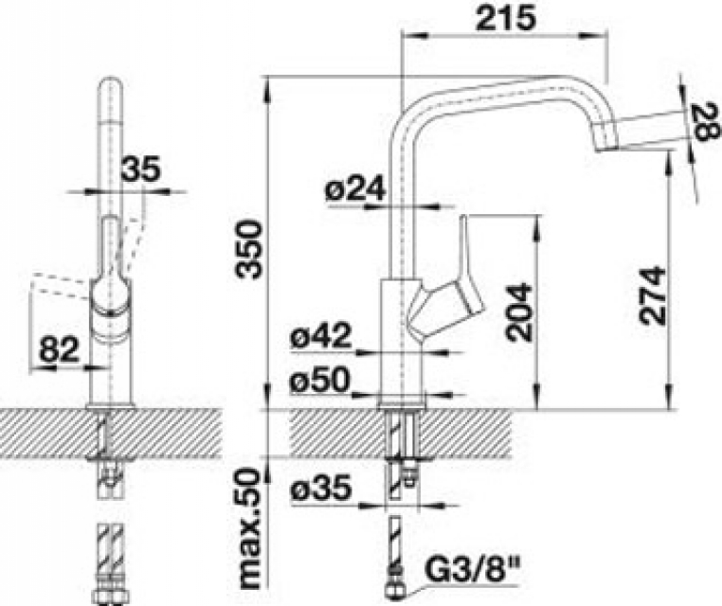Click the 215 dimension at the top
click(x=506, y=19)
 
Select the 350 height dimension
click(x=248, y=249)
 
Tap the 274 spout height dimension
click(x=652, y=295)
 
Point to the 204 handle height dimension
click(x=518, y=312)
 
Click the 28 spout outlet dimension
click(x=705, y=122)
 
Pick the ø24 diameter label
click(x=355, y=189)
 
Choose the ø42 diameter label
click(x=321, y=335)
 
